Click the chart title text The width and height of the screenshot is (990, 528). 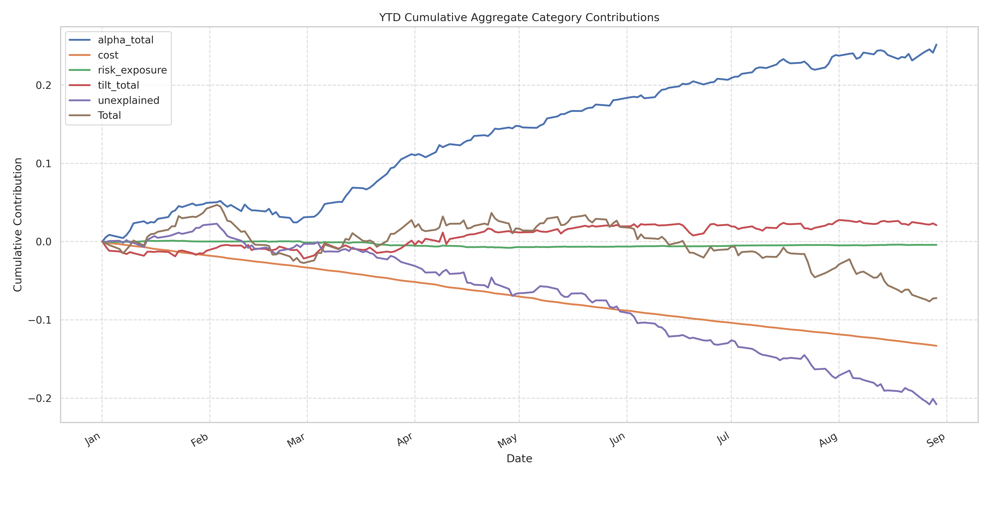tap(519, 18)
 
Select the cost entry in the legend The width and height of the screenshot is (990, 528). tap(108, 55)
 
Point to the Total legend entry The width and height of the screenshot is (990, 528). tap(109, 115)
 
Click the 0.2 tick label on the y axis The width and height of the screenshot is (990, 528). tap(43, 85)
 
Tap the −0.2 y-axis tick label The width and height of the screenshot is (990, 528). tap(40, 398)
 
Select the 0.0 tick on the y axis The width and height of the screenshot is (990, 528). tap(43, 242)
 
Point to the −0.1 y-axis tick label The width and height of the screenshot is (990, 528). tap(40, 320)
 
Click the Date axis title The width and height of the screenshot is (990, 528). tap(519, 458)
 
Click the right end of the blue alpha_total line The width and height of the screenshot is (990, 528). tap(936, 45)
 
